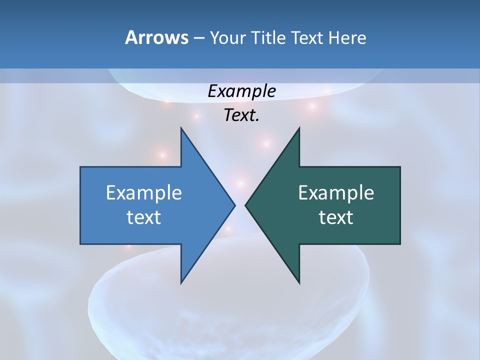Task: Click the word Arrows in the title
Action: click(x=156, y=37)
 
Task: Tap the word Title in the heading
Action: click(x=269, y=38)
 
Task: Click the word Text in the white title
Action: click(x=307, y=38)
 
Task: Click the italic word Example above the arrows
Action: click(x=241, y=91)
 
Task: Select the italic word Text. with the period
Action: click(x=241, y=115)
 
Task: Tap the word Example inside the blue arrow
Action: click(x=144, y=193)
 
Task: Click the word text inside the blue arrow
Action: click(x=144, y=217)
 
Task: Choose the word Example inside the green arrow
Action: click(x=336, y=193)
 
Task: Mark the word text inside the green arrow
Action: click(x=336, y=217)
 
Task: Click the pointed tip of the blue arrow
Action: click(x=234, y=205)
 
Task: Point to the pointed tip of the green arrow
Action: click(x=245, y=205)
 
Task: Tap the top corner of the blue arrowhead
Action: click(x=181, y=127)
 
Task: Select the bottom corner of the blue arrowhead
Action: click(x=181, y=283)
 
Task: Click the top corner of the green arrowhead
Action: click(x=299, y=127)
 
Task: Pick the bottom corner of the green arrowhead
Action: click(x=299, y=283)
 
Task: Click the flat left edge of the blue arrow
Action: click(x=80, y=205)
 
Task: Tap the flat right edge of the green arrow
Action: click(x=400, y=205)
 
